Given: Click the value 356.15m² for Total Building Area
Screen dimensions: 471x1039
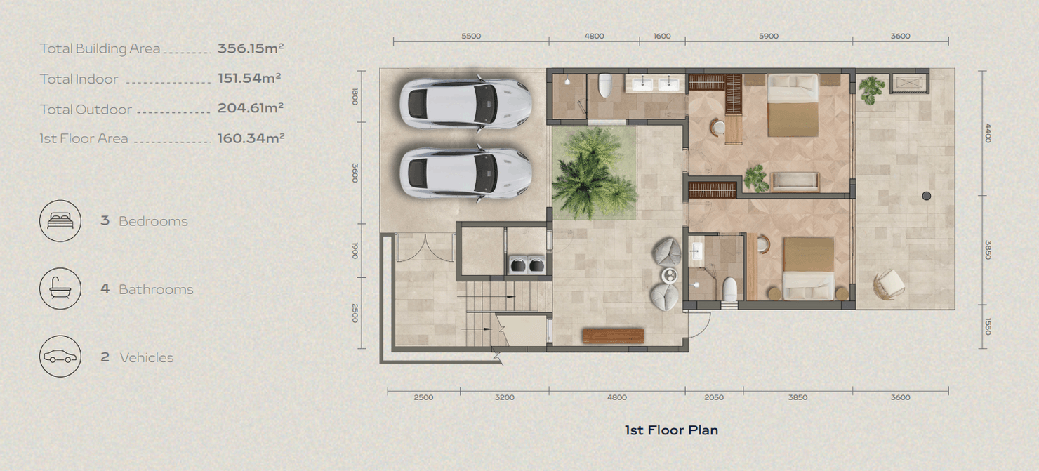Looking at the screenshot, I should (250, 48).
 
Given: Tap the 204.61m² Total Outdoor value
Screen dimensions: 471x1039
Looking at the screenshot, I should (250, 108).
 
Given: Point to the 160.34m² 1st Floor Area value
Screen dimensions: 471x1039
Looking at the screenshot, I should (251, 138).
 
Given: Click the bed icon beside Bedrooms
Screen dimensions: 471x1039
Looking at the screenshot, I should (60, 220).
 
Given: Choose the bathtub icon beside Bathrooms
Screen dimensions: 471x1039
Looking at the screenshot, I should (60, 288).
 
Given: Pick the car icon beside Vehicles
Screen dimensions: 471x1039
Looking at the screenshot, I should (60, 357).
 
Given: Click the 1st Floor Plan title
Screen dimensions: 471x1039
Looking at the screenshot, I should (671, 430).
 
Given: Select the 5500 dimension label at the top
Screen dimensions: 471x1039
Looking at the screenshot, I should (471, 36).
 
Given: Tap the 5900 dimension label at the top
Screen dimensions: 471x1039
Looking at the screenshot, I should (769, 36).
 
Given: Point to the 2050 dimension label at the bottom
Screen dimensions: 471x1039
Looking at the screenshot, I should (713, 397).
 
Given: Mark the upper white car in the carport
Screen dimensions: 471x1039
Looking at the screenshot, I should (465, 104).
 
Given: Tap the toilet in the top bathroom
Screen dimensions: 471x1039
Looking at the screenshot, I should (604, 86).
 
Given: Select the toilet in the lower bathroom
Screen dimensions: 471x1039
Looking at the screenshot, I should (730, 289).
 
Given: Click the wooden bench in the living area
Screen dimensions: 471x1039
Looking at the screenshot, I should (613, 336).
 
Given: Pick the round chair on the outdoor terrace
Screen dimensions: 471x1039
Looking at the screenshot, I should (888, 284).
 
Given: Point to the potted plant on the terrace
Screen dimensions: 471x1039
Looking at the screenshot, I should (871, 88).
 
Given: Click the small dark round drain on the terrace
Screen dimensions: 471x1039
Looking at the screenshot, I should (927, 196).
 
